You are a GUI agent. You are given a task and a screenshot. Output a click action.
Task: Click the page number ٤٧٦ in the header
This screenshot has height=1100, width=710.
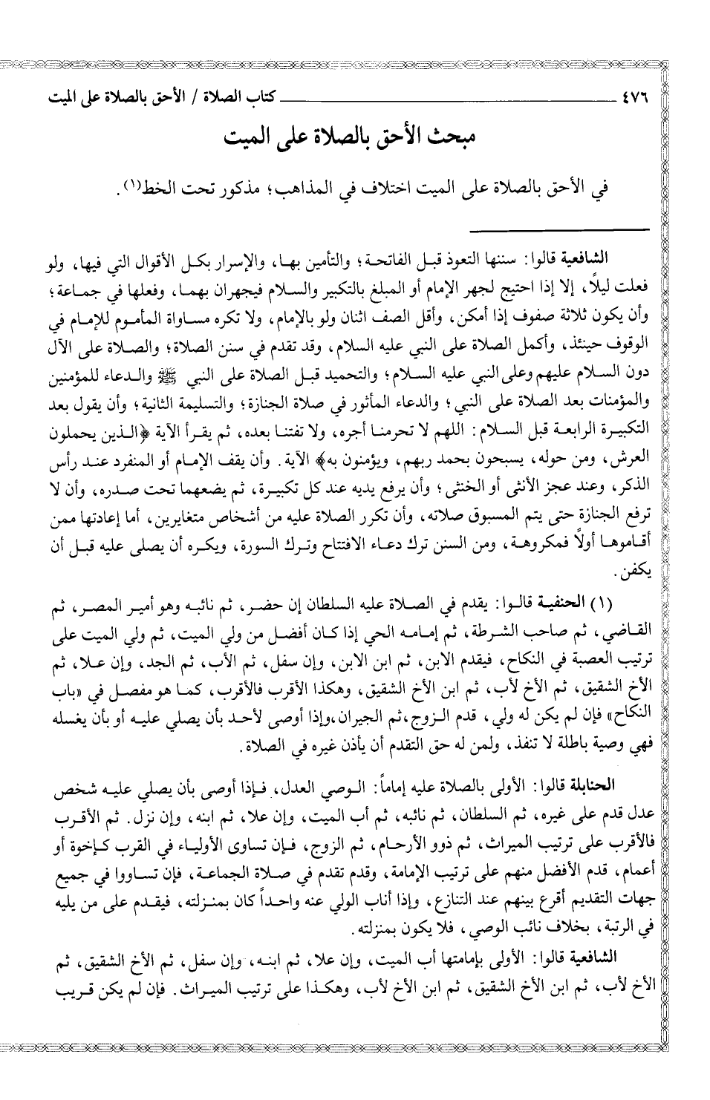click(x=633, y=97)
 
